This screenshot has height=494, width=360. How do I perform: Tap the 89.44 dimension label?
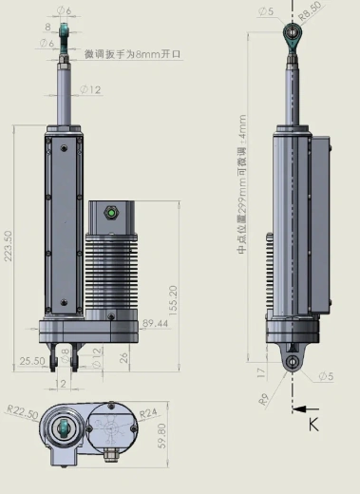(155, 324)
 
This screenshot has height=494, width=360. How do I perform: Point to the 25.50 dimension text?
(31, 360)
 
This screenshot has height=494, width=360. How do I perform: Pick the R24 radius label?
(148, 414)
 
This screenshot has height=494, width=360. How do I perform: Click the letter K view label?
(313, 425)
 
